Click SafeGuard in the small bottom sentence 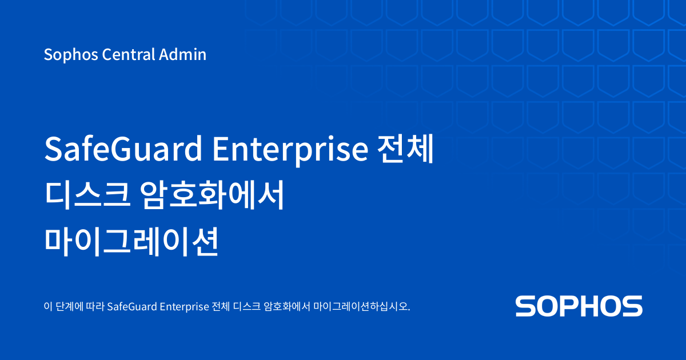tap(132, 306)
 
